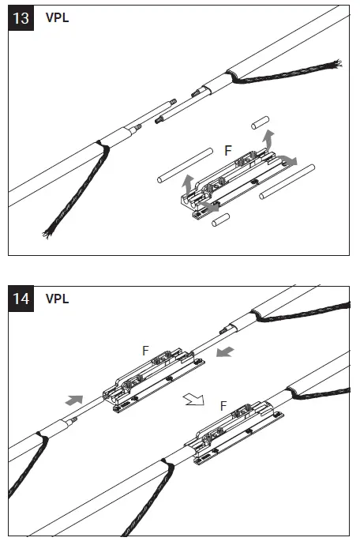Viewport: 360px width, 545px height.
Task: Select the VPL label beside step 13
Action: coord(57,17)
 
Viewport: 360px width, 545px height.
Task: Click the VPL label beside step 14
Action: coord(57,300)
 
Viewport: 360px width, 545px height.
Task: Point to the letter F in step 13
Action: coord(229,149)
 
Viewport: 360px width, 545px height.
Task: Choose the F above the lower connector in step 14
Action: coord(224,405)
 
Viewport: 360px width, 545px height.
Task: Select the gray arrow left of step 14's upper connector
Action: coord(73,401)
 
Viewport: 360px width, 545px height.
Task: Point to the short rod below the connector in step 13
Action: coord(219,221)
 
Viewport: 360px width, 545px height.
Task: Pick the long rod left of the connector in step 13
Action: coord(183,165)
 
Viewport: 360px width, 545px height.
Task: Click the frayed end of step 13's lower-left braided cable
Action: coord(47,234)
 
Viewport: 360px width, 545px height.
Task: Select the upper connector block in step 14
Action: coord(154,379)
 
